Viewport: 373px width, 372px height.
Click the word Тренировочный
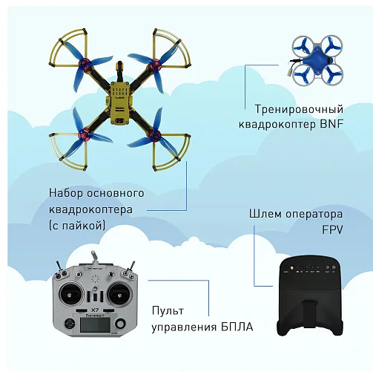click(x=299, y=109)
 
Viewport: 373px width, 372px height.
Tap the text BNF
click(x=331, y=124)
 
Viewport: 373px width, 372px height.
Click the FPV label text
click(x=332, y=229)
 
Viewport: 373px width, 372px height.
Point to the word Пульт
click(x=168, y=311)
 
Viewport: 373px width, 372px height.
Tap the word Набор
click(x=66, y=193)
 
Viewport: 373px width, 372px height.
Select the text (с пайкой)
click(x=77, y=226)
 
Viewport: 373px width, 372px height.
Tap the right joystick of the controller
click(x=119, y=294)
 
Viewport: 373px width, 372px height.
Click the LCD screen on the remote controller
click(x=95, y=324)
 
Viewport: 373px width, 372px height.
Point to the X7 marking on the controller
click(x=95, y=310)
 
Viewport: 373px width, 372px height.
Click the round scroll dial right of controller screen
click(x=120, y=324)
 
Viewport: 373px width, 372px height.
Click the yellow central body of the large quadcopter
click(x=120, y=102)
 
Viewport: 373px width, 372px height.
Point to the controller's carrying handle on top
click(x=95, y=258)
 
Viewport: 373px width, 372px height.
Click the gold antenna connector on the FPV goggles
click(x=291, y=267)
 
